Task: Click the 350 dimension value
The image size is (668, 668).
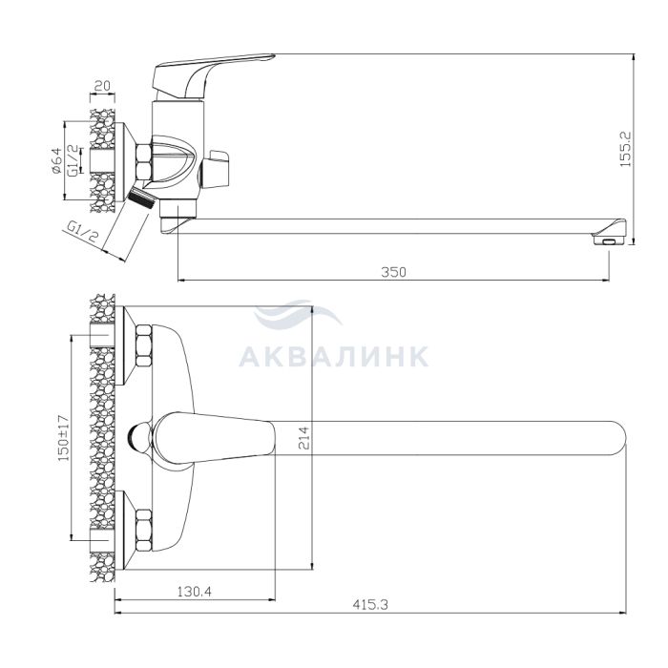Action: [393, 272]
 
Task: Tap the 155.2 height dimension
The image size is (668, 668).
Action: [625, 149]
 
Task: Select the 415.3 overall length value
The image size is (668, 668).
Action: [370, 604]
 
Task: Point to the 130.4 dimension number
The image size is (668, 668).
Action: [195, 592]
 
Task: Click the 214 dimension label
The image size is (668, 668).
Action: [303, 437]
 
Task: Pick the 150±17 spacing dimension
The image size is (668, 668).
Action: [64, 438]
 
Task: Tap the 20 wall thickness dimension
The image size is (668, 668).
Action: [102, 86]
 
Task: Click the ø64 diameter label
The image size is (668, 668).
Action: [56, 161]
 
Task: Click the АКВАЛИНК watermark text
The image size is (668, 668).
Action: [334, 357]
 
